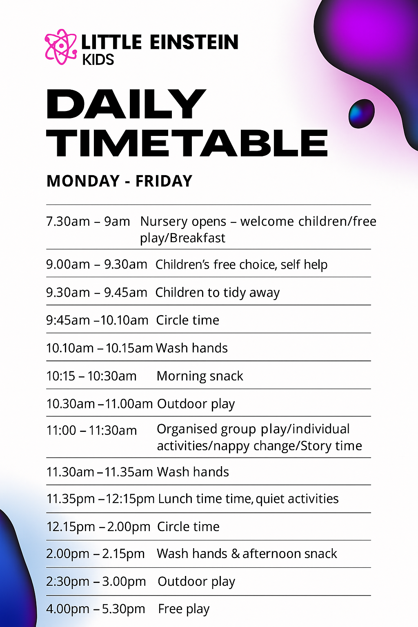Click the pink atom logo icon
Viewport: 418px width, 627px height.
pyautogui.click(x=61, y=47)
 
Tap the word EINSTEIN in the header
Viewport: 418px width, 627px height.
pyautogui.click(x=194, y=42)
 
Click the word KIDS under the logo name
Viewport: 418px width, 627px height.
pyautogui.click(x=98, y=60)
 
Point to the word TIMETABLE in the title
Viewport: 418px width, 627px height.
pyautogui.click(x=187, y=143)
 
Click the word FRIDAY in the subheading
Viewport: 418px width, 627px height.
pyautogui.click(x=164, y=181)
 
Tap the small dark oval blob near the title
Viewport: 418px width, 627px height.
pyautogui.click(x=361, y=113)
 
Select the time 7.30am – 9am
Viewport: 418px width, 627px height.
pyautogui.click(x=88, y=221)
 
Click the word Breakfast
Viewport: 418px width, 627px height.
pyautogui.click(x=198, y=238)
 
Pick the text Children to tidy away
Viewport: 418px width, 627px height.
pyautogui.click(x=218, y=293)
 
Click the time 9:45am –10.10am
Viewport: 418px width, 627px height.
pyautogui.click(x=97, y=320)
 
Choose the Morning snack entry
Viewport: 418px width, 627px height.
pyautogui.click(x=200, y=376)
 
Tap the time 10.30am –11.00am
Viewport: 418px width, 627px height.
pyautogui.click(x=99, y=404)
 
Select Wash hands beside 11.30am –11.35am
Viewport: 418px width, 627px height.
pyautogui.click(x=193, y=471)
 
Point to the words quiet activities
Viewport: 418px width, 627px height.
pyautogui.click(x=297, y=498)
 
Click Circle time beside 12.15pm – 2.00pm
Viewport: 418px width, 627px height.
pyautogui.click(x=188, y=527)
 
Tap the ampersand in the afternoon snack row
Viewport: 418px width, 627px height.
pyautogui.click(x=236, y=554)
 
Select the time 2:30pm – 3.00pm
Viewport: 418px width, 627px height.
pyautogui.click(x=96, y=581)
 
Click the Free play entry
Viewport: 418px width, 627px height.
pyautogui.click(x=184, y=609)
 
